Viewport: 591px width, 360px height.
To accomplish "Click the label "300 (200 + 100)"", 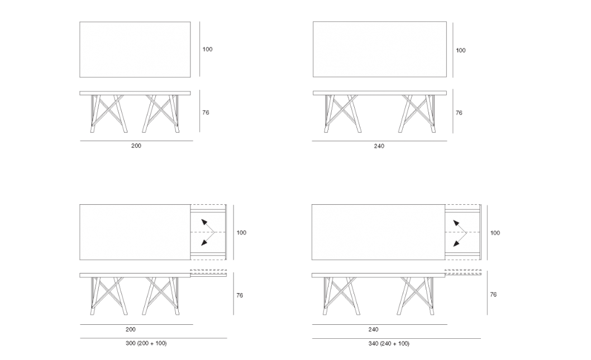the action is (146, 343).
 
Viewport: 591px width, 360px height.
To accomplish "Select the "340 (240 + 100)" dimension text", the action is (389, 343).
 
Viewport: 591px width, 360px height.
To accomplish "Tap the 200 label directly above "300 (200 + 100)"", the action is (130, 329).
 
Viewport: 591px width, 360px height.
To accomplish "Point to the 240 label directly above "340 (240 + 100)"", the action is (373, 329).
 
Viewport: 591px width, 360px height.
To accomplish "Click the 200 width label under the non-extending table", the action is (136, 146).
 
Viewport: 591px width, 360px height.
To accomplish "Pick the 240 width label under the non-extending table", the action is (379, 146).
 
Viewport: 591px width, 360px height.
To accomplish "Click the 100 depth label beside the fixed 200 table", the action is (207, 49).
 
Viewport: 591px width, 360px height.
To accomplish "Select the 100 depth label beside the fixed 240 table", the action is (461, 50).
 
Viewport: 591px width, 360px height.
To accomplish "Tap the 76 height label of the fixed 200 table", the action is (206, 112).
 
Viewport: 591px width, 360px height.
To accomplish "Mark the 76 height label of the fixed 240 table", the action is (459, 113).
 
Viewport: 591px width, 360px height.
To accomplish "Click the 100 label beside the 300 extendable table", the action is (241, 233).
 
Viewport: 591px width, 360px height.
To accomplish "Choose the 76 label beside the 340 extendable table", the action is (493, 295).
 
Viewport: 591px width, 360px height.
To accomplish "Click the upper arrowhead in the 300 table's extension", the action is (204, 222).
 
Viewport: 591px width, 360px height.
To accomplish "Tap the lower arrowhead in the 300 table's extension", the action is (204, 242).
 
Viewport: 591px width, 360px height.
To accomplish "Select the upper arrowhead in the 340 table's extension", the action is (456, 223).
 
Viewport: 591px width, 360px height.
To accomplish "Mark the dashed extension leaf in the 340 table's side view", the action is (463, 271).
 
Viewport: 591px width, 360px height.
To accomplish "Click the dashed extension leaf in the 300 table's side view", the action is (208, 271).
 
